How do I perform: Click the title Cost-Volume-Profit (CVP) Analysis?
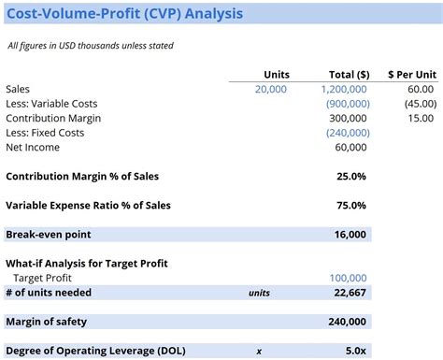125,14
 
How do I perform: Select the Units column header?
277,74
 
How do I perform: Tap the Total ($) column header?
350,74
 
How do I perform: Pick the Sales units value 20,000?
271,89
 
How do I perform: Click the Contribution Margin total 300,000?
349,119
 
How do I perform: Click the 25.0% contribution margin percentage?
352,177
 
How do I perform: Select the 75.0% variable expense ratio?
352,206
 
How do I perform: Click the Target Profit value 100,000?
349,278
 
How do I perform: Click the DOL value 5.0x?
355,351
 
